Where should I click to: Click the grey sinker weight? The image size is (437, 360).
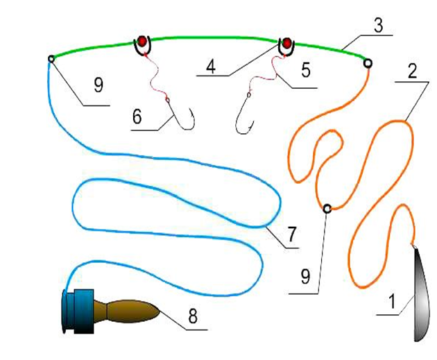coord(421,295)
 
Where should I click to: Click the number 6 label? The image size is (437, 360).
coord(137,116)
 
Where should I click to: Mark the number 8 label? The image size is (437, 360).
coord(194,316)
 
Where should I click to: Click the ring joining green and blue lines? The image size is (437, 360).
coord(51,59)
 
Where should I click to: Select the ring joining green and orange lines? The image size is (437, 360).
coord(368,63)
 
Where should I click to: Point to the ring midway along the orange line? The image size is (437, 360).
coord(327,207)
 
